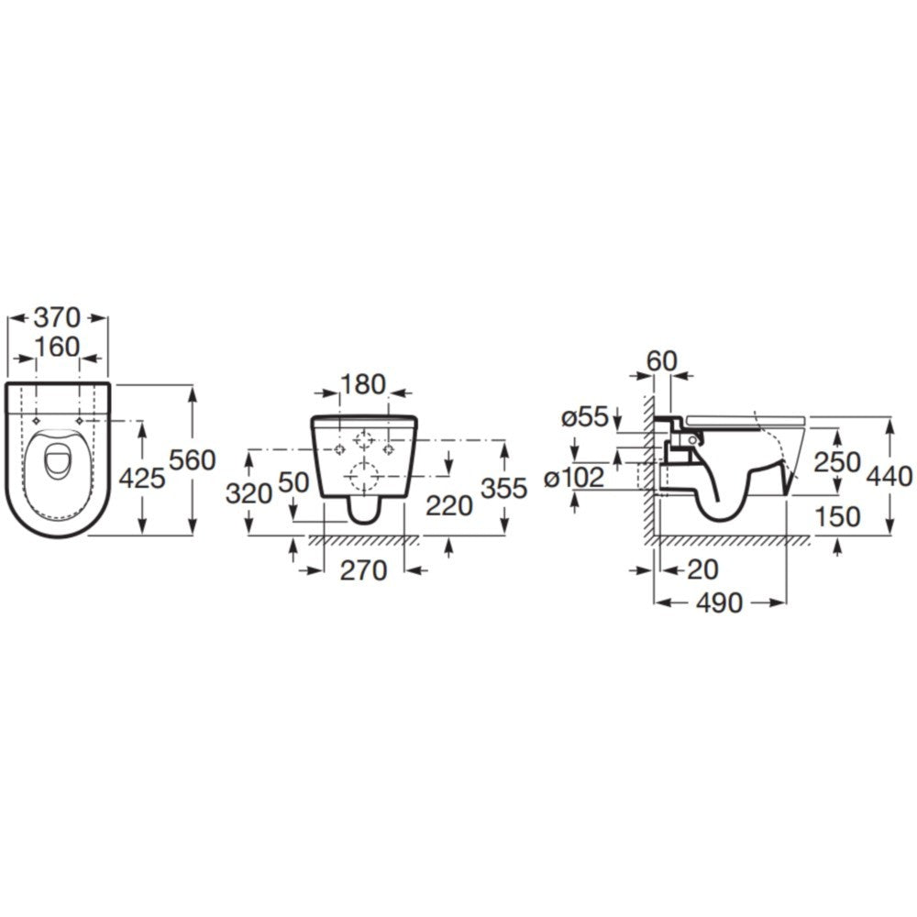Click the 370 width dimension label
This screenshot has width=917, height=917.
[58, 317]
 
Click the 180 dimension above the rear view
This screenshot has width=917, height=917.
[365, 382]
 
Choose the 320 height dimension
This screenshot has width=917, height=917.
[249, 492]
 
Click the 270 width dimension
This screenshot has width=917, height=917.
[364, 569]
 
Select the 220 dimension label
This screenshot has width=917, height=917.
[448, 503]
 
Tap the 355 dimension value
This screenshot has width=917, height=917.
[504, 489]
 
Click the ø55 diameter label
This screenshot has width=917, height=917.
[585, 417]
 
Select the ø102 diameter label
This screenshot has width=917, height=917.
[576, 477]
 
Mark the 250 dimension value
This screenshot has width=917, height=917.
[838, 461]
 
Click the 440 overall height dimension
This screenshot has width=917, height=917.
[889, 476]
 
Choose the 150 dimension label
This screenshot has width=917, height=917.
[838, 516]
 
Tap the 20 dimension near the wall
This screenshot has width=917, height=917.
[702, 569]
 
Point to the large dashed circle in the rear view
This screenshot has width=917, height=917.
[365, 476]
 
